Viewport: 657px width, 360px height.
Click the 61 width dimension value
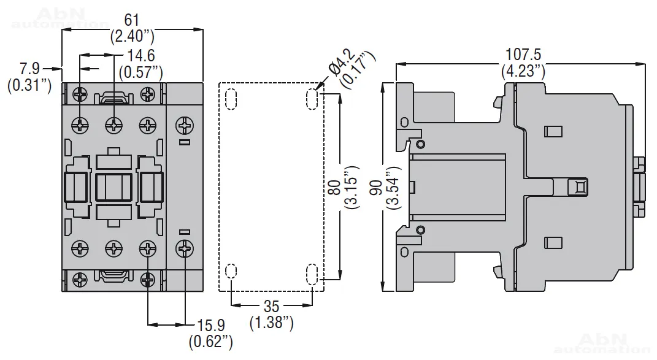click(132, 20)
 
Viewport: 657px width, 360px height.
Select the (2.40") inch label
click(132, 36)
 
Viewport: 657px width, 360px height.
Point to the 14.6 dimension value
click(140, 56)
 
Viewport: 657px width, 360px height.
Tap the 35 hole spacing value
click(271, 306)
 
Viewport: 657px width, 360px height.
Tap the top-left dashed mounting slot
click(231, 99)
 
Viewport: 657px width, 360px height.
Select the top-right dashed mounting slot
click(312, 99)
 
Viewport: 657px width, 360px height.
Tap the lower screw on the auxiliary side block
click(184, 248)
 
